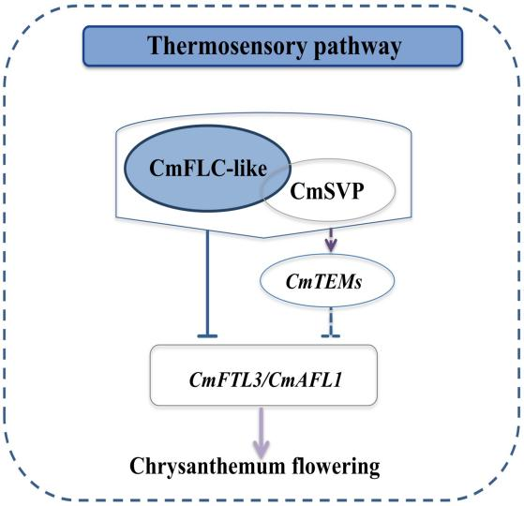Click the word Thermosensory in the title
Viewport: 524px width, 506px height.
click(x=227, y=46)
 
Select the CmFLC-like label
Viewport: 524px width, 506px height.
click(x=208, y=168)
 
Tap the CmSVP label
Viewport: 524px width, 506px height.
click(x=326, y=191)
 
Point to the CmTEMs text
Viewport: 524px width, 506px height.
click(x=323, y=281)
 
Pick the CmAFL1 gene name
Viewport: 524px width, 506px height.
click(x=305, y=379)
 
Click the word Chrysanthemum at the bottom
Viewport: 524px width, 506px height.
click(x=207, y=467)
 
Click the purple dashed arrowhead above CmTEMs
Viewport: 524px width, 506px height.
click(x=331, y=246)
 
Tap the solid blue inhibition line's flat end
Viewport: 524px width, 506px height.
click(x=207, y=335)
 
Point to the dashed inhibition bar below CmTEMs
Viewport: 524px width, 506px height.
click(x=331, y=335)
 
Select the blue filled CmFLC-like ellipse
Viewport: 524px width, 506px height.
click(x=207, y=168)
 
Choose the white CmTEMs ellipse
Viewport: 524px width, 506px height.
click(x=327, y=281)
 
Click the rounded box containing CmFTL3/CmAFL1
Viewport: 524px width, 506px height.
click(x=263, y=375)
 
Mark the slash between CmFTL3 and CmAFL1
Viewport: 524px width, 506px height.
click(x=266, y=379)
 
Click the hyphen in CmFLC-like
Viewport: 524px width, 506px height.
click(x=229, y=171)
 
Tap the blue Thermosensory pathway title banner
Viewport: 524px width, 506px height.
click(x=273, y=46)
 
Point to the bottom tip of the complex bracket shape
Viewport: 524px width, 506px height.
click(x=263, y=238)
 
